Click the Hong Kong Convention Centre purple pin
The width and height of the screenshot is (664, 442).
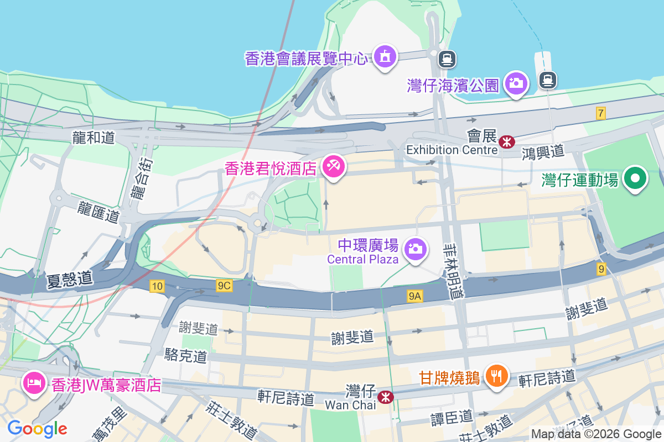[385, 57]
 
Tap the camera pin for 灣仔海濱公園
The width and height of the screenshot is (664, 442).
[517, 84]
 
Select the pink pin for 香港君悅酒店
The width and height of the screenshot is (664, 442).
[334, 167]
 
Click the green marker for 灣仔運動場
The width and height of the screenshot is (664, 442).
[636, 179]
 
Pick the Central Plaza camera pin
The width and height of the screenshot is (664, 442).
[414, 249]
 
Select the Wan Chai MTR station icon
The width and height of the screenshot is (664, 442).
[385, 397]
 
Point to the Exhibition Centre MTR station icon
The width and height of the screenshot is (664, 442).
[506, 142]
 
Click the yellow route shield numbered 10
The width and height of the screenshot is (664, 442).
[157, 286]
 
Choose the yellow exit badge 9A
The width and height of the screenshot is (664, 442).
[415, 297]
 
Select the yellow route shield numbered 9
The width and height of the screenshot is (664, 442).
[601, 269]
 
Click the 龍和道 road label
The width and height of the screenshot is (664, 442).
[93, 138]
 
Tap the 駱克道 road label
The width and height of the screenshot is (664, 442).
[185, 356]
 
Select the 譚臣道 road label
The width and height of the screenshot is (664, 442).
[452, 417]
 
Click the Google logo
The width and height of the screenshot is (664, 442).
[37, 428]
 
